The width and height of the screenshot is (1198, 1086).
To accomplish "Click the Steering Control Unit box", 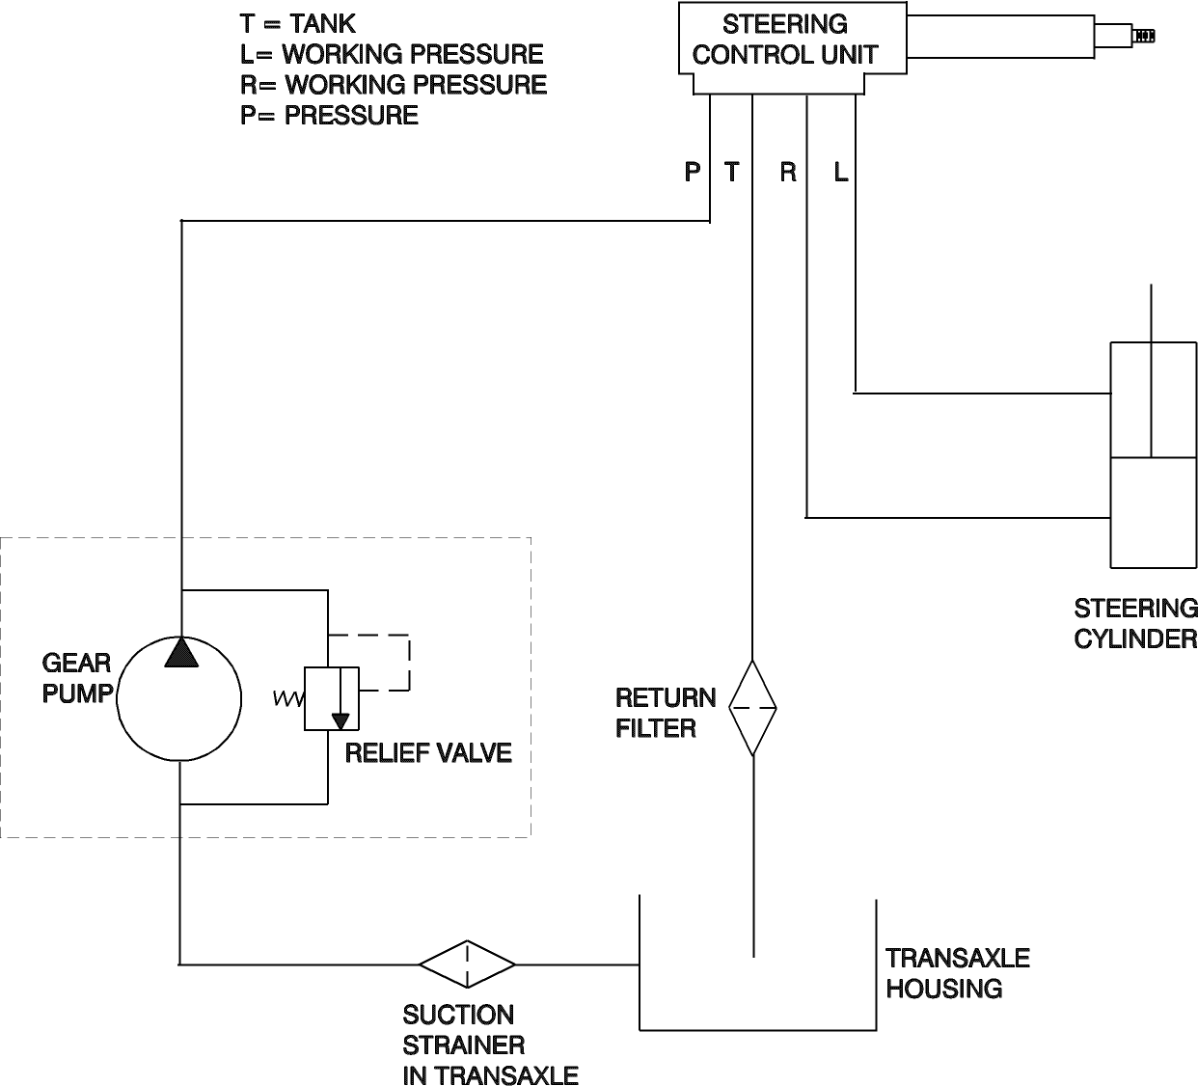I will [784, 41].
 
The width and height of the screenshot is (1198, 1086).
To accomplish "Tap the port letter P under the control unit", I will [692, 173].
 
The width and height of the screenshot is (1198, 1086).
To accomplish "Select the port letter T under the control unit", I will [732, 173].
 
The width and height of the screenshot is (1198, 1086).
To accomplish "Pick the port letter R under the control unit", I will [788, 173].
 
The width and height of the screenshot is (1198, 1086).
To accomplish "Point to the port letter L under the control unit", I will [841, 173].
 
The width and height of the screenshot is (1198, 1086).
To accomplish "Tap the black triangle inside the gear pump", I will [180, 653].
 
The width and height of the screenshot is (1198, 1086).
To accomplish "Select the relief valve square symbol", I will [332, 697].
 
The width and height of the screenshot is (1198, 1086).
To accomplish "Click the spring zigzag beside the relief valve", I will [288, 699].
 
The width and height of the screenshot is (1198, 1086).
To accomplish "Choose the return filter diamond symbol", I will [752, 708].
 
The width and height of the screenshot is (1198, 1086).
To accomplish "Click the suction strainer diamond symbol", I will [468, 964].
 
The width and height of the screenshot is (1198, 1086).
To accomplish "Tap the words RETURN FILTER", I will [665, 713].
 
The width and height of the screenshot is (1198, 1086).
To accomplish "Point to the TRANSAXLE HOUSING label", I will [957, 973].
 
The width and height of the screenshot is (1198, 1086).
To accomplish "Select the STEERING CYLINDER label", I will [1135, 624].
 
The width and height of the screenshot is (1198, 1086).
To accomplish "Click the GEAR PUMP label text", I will [76, 678].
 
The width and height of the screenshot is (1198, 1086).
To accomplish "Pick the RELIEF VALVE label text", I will [428, 753].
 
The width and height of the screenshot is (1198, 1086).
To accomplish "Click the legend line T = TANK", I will [298, 23].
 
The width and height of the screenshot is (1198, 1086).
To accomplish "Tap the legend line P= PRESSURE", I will [329, 116].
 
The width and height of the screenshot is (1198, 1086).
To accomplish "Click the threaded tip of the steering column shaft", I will [1144, 37].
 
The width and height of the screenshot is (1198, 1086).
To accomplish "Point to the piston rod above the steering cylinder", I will [1152, 313].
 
